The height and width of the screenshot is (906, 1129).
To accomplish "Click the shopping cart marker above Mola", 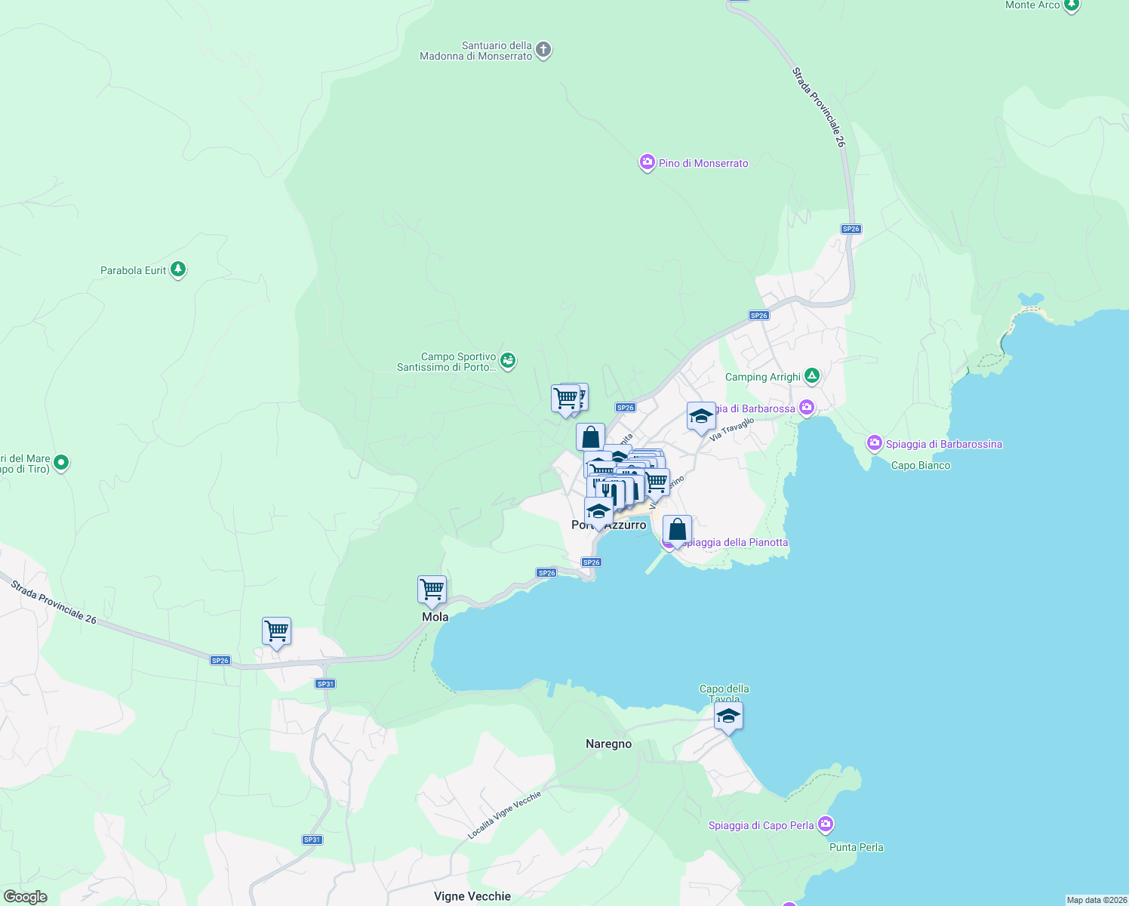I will click(432, 589).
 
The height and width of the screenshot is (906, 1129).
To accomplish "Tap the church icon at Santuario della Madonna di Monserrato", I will click(543, 51).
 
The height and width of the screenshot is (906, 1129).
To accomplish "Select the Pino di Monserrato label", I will click(703, 163).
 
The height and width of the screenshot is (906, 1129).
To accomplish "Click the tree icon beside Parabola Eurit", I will click(178, 269).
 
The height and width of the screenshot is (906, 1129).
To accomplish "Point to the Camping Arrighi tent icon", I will click(811, 375).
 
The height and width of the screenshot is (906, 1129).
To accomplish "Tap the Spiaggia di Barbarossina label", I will click(943, 444).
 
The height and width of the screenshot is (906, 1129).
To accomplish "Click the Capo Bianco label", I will click(921, 465).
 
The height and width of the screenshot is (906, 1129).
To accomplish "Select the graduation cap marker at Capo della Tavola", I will click(728, 716).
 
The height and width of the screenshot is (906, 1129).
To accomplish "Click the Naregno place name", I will click(608, 744).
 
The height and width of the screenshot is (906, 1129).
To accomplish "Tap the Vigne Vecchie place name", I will click(472, 896).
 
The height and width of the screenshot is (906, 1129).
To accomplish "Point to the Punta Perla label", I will click(856, 847).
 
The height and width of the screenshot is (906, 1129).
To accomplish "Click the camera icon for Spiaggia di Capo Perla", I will click(826, 824).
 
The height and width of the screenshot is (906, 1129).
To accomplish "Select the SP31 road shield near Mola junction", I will click(325, 684).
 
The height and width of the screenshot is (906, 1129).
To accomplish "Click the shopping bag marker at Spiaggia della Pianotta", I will click(678, 530).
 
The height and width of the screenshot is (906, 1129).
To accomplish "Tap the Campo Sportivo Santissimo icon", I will click(509, 361).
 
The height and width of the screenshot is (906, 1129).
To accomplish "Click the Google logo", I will click(26, 896).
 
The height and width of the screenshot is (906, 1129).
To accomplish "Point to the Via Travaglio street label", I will click(731, 430).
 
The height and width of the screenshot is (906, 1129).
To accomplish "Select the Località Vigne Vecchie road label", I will click(504, 815).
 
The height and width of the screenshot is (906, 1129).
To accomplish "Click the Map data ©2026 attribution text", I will click(1096, 900).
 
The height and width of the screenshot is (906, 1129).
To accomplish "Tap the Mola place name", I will click(435, 617).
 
